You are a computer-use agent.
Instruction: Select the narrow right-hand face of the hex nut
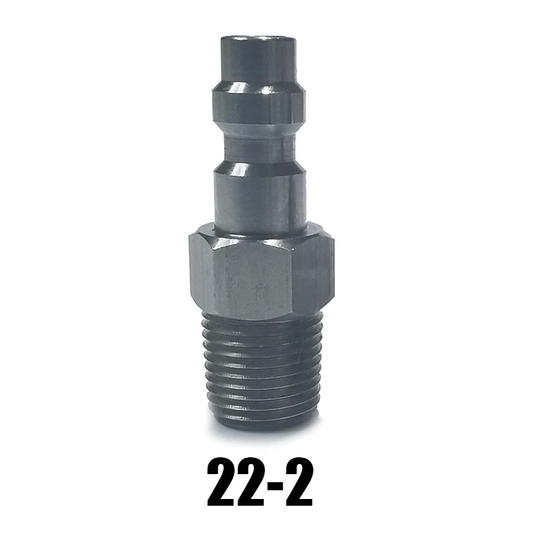[x=316, y=272]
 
